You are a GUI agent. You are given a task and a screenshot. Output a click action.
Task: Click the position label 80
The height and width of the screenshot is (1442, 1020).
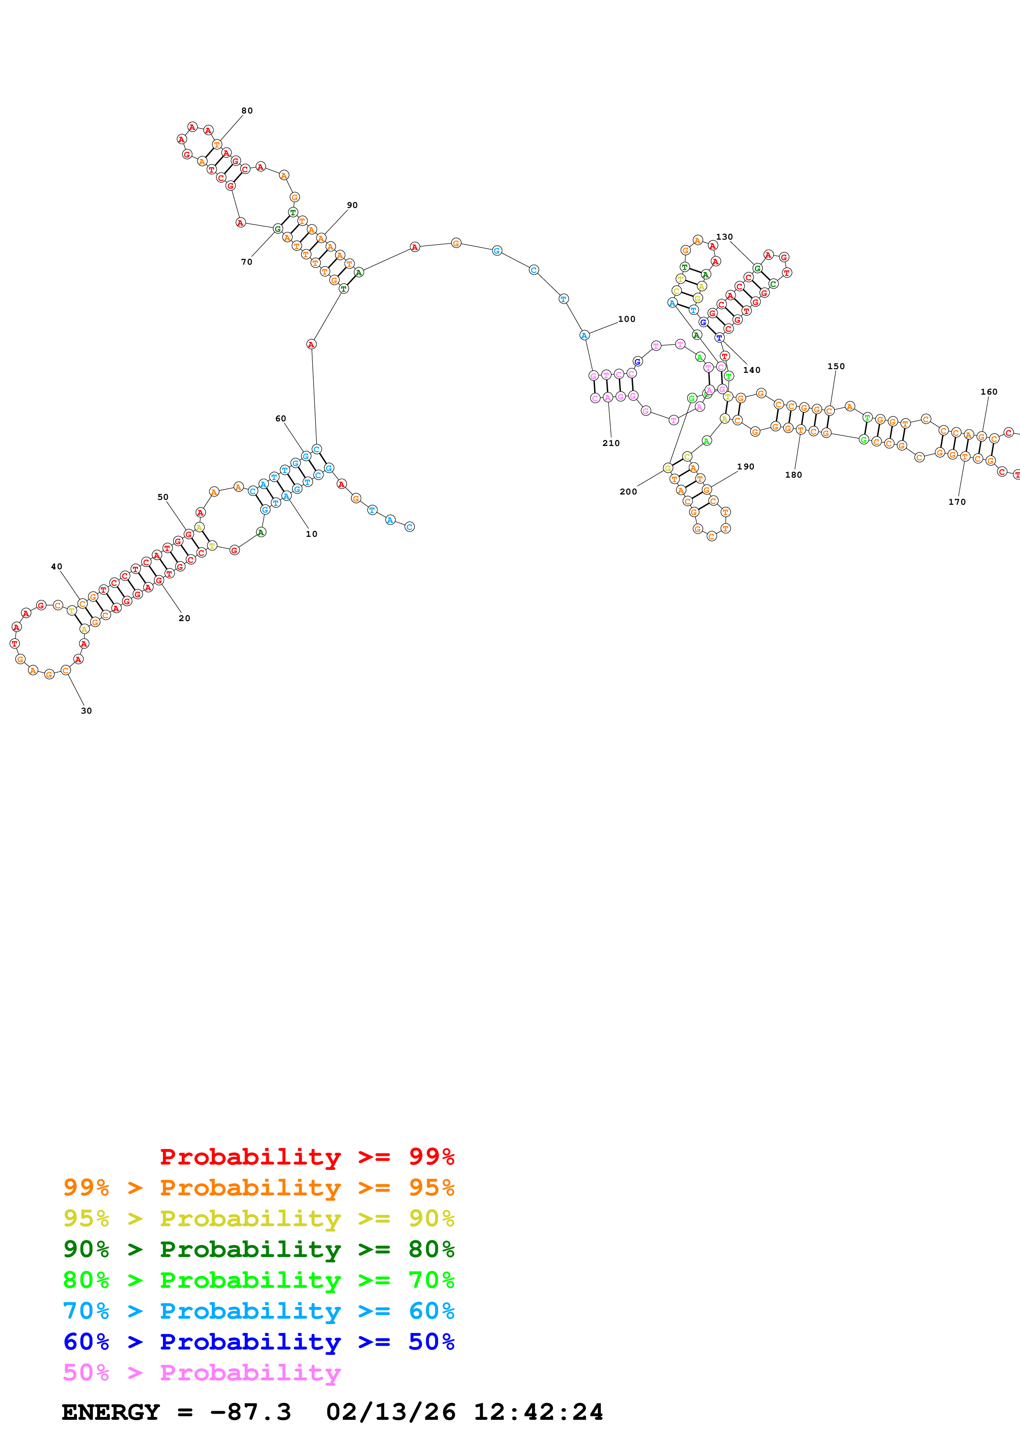point(247,111)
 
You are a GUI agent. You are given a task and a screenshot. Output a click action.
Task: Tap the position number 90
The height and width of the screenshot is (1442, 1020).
point(352,206)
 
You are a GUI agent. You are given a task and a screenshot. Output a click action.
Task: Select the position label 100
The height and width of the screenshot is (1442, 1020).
point(627,319)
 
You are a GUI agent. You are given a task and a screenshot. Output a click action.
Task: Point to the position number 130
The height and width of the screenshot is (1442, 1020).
point(724,237)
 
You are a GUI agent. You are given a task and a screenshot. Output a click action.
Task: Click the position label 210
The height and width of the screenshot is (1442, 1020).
point(611,443)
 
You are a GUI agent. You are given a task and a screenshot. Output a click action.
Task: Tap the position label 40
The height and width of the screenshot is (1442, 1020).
point(56,566)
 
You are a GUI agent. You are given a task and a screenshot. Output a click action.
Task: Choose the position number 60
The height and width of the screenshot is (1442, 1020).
point(280,418)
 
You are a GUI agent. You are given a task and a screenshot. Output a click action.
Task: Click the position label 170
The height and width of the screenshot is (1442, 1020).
point(957,502)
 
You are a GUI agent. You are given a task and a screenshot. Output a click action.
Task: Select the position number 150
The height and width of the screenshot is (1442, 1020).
point(836,366)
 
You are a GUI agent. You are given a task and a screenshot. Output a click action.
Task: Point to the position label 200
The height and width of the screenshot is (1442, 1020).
point(628,492)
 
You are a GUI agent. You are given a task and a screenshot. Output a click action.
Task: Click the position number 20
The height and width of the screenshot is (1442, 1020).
point(184,618)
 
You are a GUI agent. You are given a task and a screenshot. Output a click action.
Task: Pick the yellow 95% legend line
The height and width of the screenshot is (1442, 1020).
point(258,1218)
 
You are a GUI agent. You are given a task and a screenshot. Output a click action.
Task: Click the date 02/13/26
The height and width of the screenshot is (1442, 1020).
point(390,1412)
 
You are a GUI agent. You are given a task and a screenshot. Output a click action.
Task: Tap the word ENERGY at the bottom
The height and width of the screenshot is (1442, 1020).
point(111,1412)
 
